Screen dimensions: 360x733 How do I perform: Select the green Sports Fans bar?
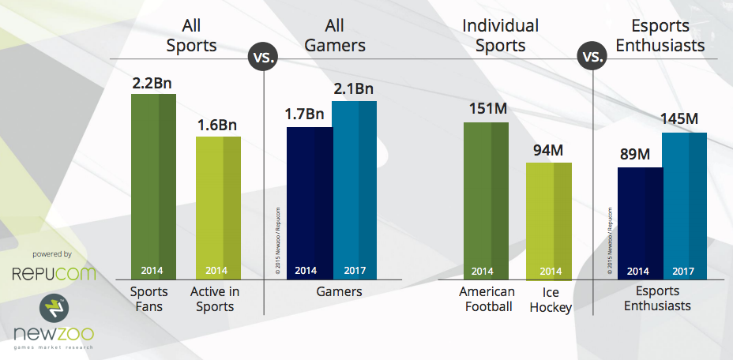click(153, 186)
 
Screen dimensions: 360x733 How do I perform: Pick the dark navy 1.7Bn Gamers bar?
click(309, 201)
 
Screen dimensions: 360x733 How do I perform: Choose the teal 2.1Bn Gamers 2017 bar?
click(354, 189)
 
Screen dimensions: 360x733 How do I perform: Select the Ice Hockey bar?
click(549, 221)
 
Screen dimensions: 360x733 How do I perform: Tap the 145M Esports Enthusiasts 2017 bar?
click(684, 205)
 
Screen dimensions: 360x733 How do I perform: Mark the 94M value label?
click(549, 149)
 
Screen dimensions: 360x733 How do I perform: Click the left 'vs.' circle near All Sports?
click(262, 58)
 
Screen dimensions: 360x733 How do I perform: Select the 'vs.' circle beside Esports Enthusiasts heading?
click(592, 58)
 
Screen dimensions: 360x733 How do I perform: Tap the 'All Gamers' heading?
click(338, 36)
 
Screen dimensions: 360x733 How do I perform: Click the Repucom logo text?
click(53, 274)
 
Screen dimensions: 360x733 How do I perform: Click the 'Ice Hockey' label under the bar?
click(549, 299)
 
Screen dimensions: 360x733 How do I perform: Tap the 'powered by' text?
click(53, 254)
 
